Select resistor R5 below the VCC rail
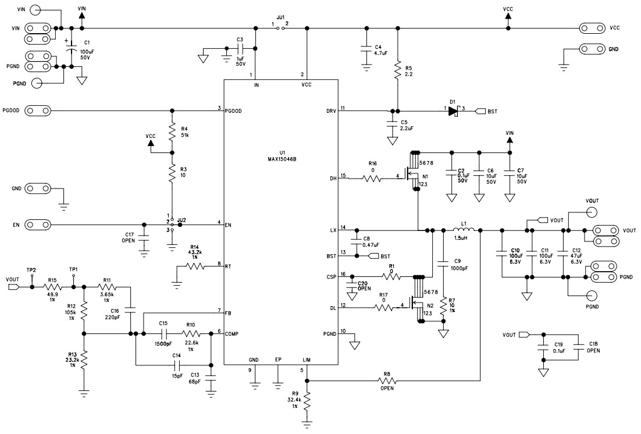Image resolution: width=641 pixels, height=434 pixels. [397, 72]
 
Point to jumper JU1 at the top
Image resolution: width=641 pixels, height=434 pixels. [280, 27]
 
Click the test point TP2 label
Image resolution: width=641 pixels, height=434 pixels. [31, 269]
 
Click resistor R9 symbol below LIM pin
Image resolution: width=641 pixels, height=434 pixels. [307, 401]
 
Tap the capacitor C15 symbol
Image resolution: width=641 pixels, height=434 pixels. [163, 334]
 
